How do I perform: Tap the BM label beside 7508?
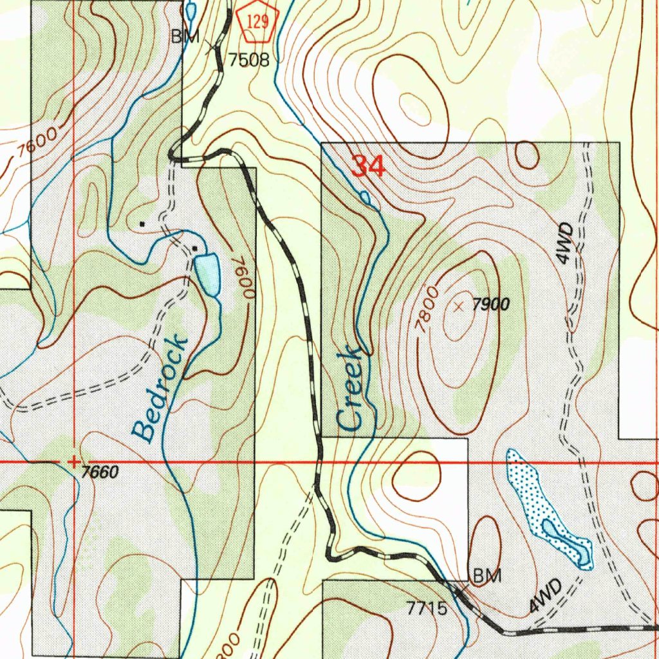(x=185, y=37)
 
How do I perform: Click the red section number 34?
(x=369, y=167)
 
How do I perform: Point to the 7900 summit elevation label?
(x=491, y=306)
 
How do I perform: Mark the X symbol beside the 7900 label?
(x=458, y=307)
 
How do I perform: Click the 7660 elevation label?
(x=100, y=472)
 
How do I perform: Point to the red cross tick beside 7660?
(x=74, y=461)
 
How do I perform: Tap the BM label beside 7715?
(x=487, y=576)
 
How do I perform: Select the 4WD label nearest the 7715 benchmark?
(x=545, y=597)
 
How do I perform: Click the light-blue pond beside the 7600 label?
(x=207, y=273)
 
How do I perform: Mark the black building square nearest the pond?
(x=194, y=248)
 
